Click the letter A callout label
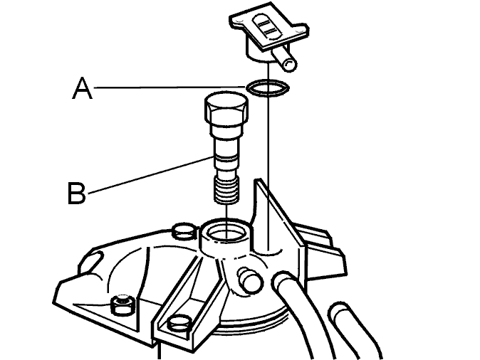click(x=82, y=88)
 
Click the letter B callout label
click(x=76, y=193)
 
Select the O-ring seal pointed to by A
click(x=267, y=88)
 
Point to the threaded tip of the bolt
click(x=227, y=191)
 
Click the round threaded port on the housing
click(x=226, y=234)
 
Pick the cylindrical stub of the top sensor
click(x=284, y=59)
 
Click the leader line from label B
click(x=150, y=175)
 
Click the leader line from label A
click(x=170, y=88)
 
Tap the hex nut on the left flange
click(x=122, y=305)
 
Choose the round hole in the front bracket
click(x=179, y=324)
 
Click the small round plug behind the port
click(x=184, y=231)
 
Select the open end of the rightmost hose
click(x=340, y=313)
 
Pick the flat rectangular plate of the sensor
click(x=268, y=27)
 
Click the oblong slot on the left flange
click(x=90, y=265)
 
